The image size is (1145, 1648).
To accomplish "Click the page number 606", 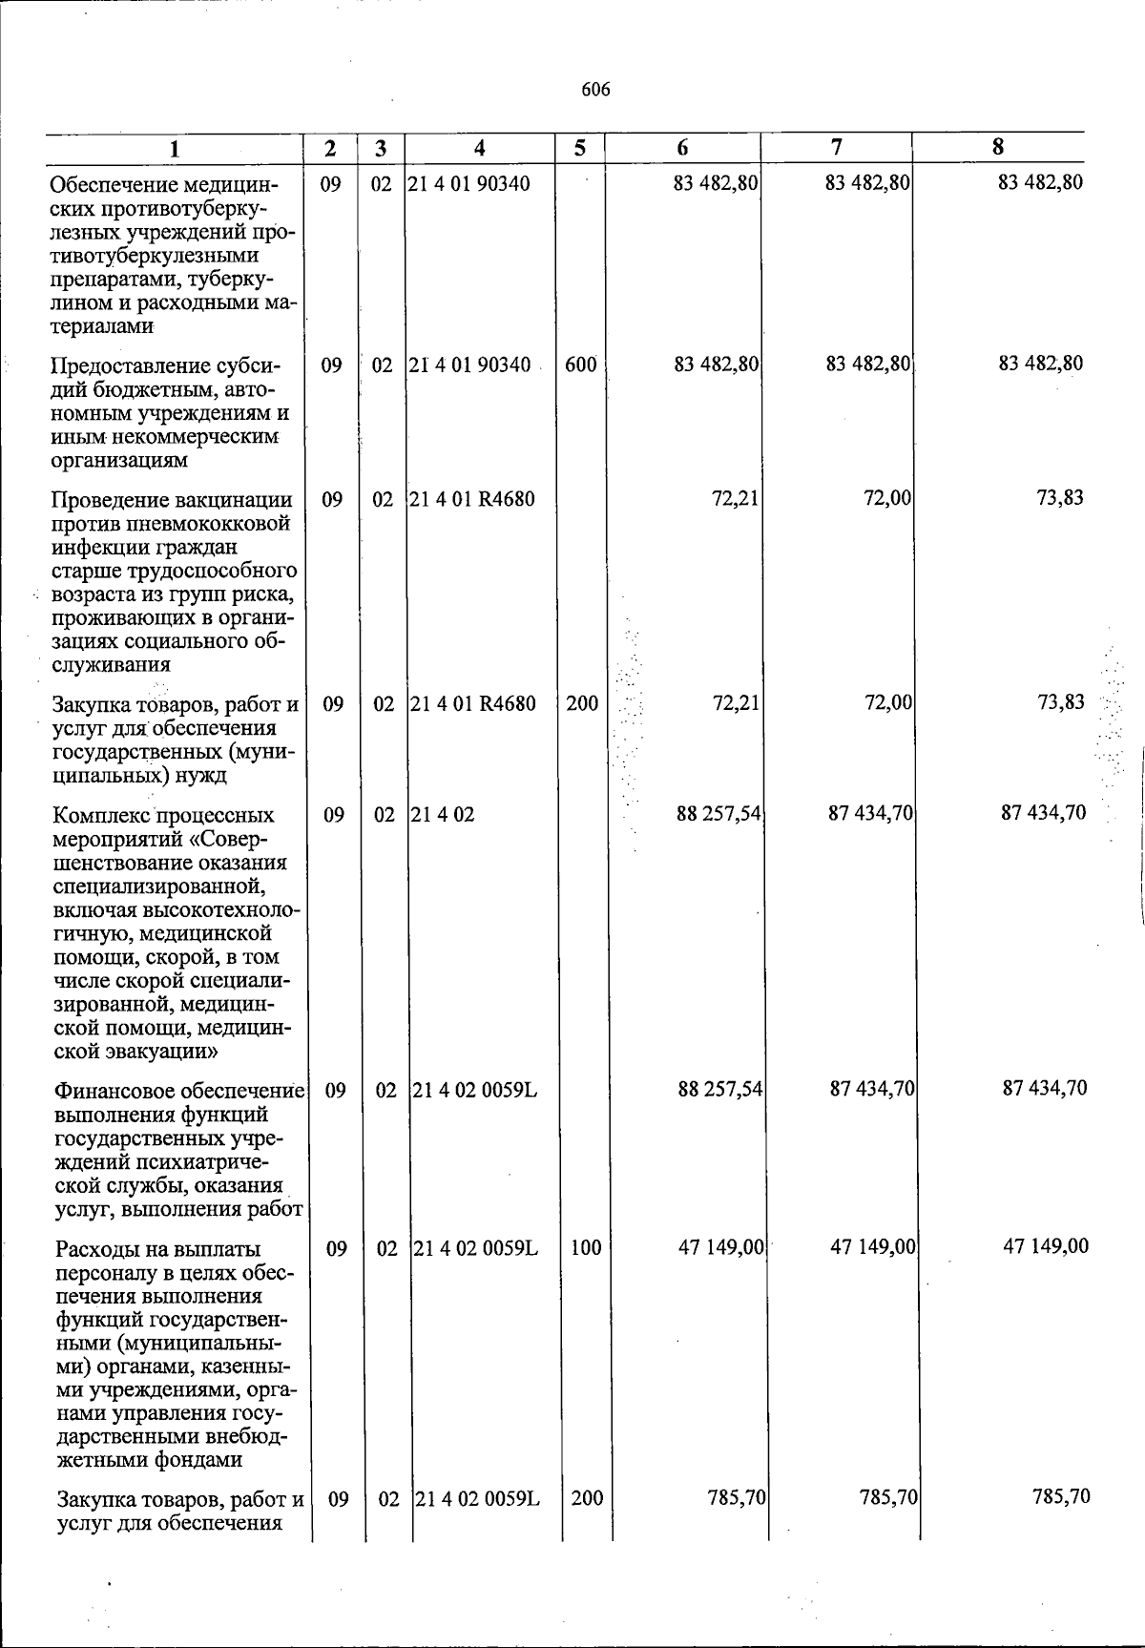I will (595, 91).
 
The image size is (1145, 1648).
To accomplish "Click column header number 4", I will (479, 148).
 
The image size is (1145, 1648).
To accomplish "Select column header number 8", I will (997, 147).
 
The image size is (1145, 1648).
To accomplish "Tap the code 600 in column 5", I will (580, 365).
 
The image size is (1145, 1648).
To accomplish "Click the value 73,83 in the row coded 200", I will (1060, 703).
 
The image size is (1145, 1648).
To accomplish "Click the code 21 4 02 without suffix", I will (443, 815).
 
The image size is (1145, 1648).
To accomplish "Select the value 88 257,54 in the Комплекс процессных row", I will (718, 814).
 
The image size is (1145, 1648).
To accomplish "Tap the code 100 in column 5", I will (586, 1247).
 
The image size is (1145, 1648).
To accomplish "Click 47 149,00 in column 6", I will (720, 1247).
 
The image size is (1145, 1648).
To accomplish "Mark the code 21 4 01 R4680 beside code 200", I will (471, 704).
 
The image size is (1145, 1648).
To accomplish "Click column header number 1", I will (175, 148).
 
